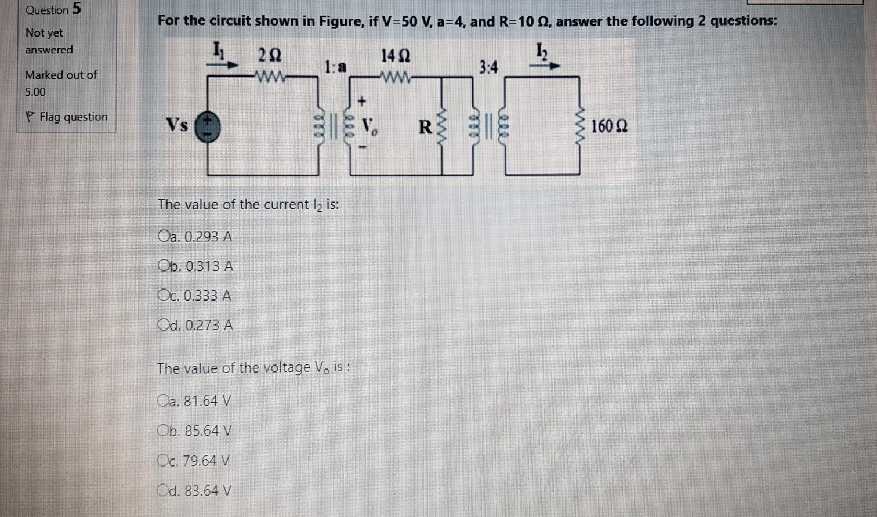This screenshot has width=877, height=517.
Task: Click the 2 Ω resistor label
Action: click(269, 56)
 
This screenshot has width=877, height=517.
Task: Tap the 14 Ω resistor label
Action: click(396, 56)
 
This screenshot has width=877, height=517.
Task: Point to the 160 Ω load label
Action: click(609, 126)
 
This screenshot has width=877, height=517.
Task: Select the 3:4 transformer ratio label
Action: click(488, 68)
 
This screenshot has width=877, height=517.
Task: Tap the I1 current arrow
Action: click(224, 65)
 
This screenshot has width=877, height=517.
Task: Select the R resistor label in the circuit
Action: click(426, 127)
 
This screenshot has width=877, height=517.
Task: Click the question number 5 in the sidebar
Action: click(77, 9)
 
